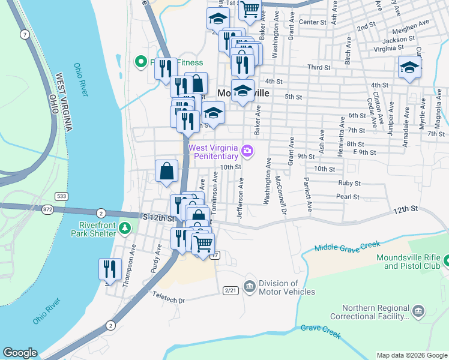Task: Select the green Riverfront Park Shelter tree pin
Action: (x=124, y=227)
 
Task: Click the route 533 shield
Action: (x=61, y=196)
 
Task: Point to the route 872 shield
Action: (x=47, y=209)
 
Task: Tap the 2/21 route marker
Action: (x=230, y=290)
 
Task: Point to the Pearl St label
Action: (x=348, y=196)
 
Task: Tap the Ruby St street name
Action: (x=349, y=183)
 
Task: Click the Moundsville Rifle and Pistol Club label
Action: (x=408, y=261)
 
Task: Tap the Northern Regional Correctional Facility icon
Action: (x=418, y=311)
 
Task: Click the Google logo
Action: (x=20, y=353)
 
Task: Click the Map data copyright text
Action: (x=411, y=355)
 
